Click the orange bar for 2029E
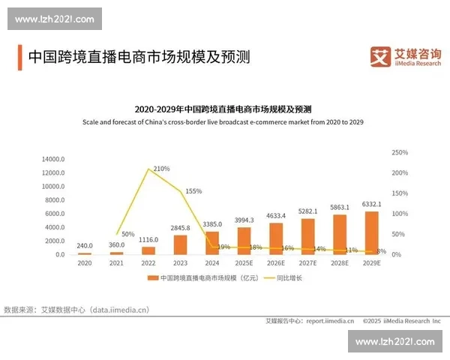[372, 233]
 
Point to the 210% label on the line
[161, 169]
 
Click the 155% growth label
[193, 191]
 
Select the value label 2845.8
[180, 227]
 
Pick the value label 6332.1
[372, 204]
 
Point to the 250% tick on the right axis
[400, 152]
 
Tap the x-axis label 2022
[148, 263]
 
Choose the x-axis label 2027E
[308, 263]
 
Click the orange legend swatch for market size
[151, 278]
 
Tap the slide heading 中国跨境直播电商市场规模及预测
[139, 57]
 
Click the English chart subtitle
[223, 121]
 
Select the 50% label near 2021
[127, 235]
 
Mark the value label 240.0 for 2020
[85, 244]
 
